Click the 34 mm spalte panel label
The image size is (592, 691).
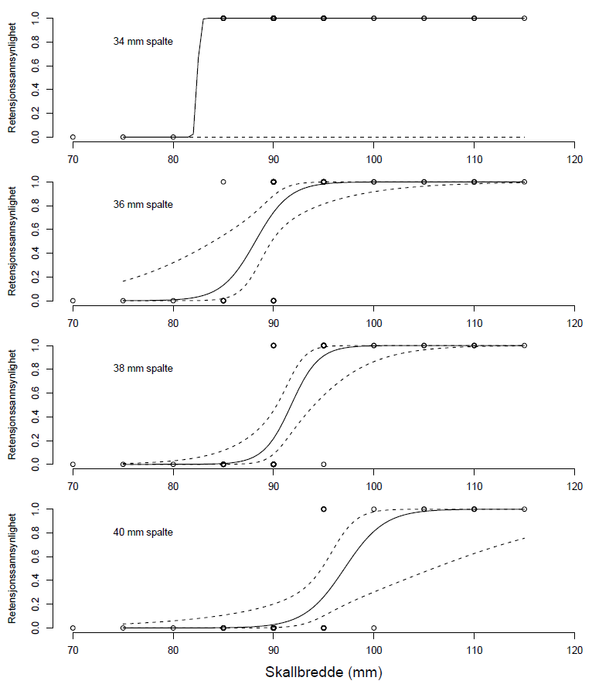[143, 42]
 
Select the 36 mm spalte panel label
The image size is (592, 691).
[143, 205]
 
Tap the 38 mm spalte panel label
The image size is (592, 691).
[143, 369]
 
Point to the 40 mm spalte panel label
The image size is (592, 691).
[143, 533]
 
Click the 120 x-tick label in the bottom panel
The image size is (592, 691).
[574, 649]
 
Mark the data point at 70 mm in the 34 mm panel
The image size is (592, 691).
[73, 137]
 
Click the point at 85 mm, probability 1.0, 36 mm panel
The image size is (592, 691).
[223, 182]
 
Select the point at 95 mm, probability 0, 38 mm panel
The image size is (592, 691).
[324, 464]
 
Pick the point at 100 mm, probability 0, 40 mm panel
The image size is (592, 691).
[374, 628]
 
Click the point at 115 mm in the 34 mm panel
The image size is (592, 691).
[524, 18]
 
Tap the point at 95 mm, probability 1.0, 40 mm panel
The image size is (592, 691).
[324, 509]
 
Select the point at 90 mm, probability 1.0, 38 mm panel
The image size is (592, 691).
[274, 345]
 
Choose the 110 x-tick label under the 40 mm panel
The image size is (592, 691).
[474, 649]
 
